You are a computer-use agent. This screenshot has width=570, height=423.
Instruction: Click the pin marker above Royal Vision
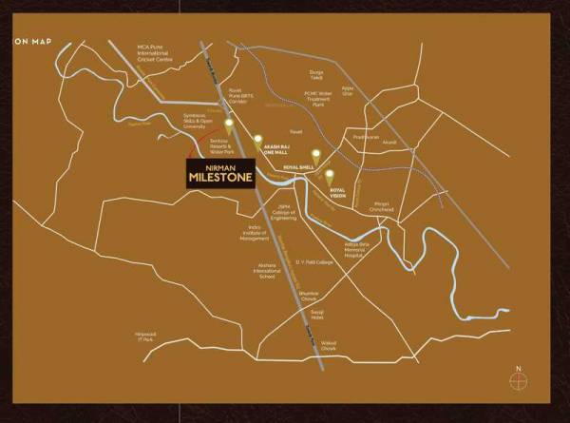pyautogui.click(x=330, y=175)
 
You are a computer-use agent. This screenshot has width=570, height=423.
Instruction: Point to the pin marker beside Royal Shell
pyautogui.click(x=315, y=153)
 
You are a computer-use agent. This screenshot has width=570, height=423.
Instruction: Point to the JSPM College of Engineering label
pyautogui.click(x=284, y=214)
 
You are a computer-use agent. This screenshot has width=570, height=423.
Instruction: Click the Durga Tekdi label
pyautogui.click(x=317, y=75)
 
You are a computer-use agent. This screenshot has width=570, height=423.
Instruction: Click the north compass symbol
pyautogui.click(x=518, y=378)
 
